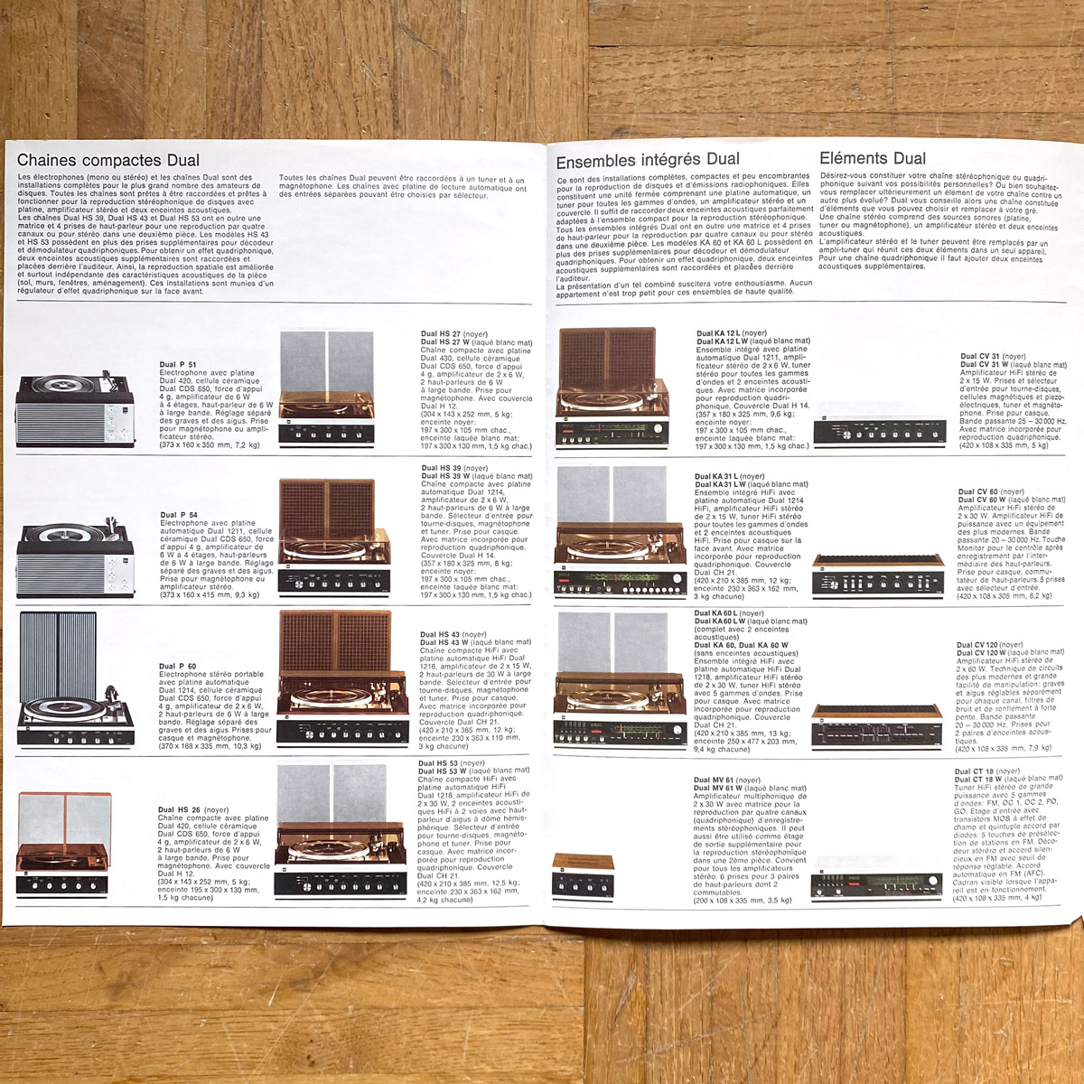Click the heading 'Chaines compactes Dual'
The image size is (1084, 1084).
pos(108,161)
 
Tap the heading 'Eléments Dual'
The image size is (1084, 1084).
pos(872,159)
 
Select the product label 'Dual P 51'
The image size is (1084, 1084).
pos(179,365)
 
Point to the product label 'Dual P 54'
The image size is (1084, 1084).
pos(179,515)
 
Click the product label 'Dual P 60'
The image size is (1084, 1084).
pos(178,666)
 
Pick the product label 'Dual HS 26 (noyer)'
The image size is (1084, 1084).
pos(193,810)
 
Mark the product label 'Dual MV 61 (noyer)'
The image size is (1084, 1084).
pos(726,780)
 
